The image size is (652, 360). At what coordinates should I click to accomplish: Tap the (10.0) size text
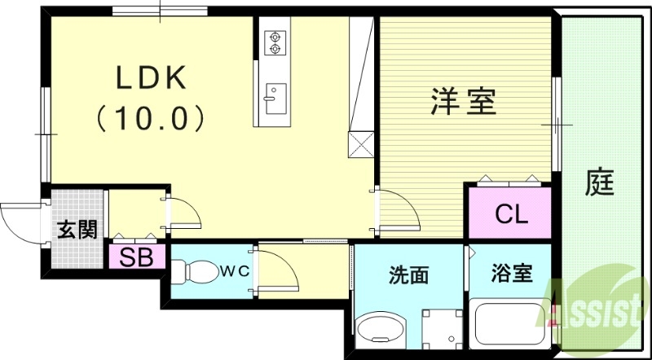pyautogui.click(x=151, y=120)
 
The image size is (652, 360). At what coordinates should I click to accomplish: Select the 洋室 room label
pyautogui.click(x=464, y=103)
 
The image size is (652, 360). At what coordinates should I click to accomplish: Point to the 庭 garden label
pyautogui.click(x=599, y=182)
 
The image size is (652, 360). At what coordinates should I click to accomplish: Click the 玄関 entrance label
pyautogui.click(x=77, y=230)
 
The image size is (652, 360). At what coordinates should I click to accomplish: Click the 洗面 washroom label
pyautogui.click(x=407, y=274)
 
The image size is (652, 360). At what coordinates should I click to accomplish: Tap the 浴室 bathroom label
pyautogui.click(x=513, y=273)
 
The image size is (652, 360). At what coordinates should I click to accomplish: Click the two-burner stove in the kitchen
pyautogui.click(x=275, y=42)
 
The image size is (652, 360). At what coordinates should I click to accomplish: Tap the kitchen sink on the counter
pyautogui.click(x=273, y=100)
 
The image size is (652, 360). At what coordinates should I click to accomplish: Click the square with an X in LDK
pyautogui.click(x=359, y=143)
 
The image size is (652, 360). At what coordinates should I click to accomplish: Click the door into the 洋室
pyautogui.click(x=397, y=209)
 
